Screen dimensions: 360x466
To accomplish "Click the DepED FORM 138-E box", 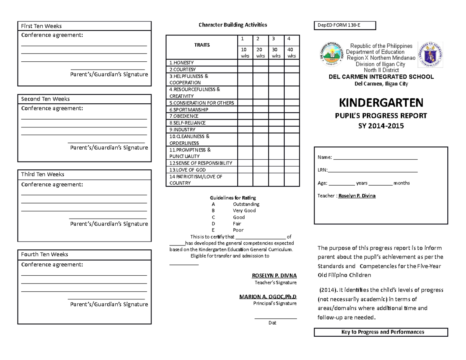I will tap(345, 26).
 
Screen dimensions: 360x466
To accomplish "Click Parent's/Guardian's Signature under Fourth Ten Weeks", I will tap(109, 304).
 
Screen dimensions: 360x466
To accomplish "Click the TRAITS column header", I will tap(202, 45).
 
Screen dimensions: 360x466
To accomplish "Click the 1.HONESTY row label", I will tap(182, 63).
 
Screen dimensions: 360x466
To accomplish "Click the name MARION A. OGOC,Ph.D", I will tap(268, 297).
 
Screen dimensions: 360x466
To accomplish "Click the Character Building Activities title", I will tap(233, 25).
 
